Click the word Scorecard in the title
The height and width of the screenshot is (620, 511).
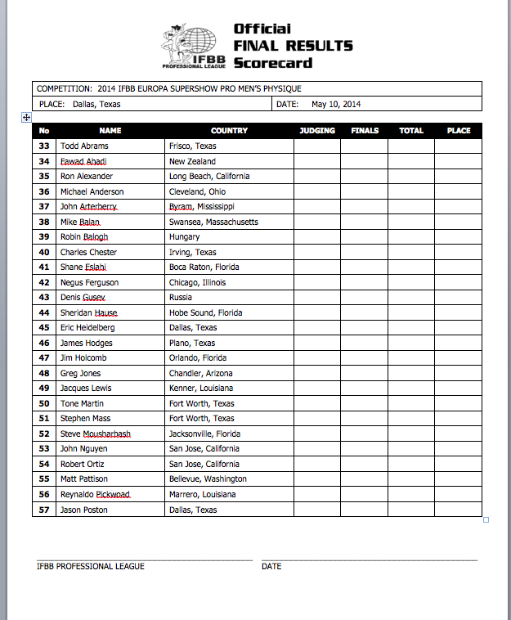[x=272, y=63]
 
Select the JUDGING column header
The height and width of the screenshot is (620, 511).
[x=316, y=131]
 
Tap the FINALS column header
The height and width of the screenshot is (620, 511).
[x=365, y=131]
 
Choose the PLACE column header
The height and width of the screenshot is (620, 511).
[x=459, y=131]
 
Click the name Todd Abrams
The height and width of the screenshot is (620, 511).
[x=84, y=146]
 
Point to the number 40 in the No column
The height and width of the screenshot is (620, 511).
[x=44, y=253]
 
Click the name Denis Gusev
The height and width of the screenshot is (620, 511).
[x=83, y=298]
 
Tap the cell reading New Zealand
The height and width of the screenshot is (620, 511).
[x=192, y=162]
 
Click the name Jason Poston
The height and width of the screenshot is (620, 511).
[x=84, y=510]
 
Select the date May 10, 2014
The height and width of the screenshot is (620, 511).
[x=336, y=105]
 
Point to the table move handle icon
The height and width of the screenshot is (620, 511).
[x=26, y=118]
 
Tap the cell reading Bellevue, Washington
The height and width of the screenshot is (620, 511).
[x=207, y=479]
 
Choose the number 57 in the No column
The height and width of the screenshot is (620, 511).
[x=44, y=510]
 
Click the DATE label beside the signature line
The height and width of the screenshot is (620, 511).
[x=271, y=567]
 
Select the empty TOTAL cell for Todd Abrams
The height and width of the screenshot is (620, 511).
[x=411, y=146]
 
